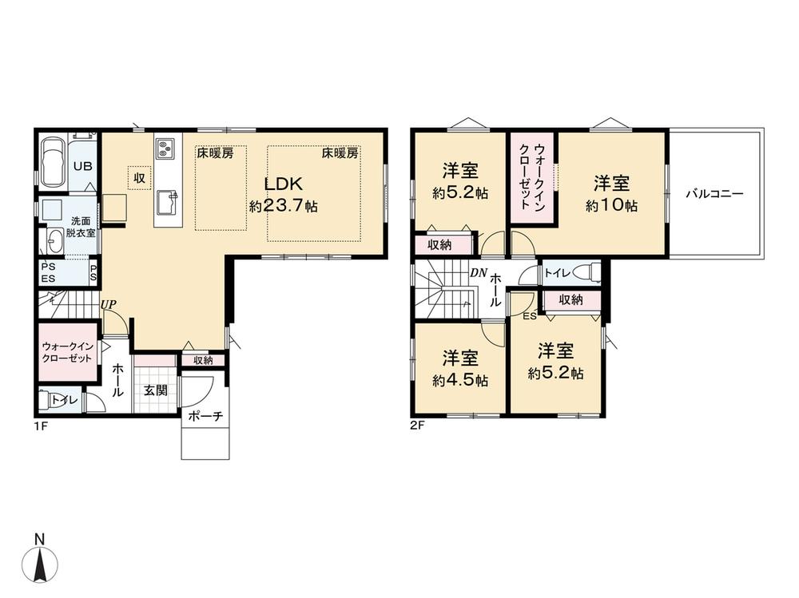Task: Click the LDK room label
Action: (x=284, y=184)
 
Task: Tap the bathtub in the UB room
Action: (x=53, y=162)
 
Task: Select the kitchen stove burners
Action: (x=165, y=148)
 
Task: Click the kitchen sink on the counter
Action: (x=167, y=202)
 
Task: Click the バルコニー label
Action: (x=714, y=193)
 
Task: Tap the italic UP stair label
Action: (x=109, y=305)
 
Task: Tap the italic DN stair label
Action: (x=479, y=273)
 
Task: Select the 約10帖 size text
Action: (x=611, y=205)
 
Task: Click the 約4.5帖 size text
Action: (x=460, y=381)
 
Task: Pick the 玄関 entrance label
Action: (x=156, y=390)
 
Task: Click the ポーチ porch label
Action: (x=205, y=416)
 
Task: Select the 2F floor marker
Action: (x=417, y=426)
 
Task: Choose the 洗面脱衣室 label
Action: (x=82, y=228)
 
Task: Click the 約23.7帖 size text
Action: (x=284, y=206)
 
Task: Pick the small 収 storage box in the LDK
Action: (x=140, y=178)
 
